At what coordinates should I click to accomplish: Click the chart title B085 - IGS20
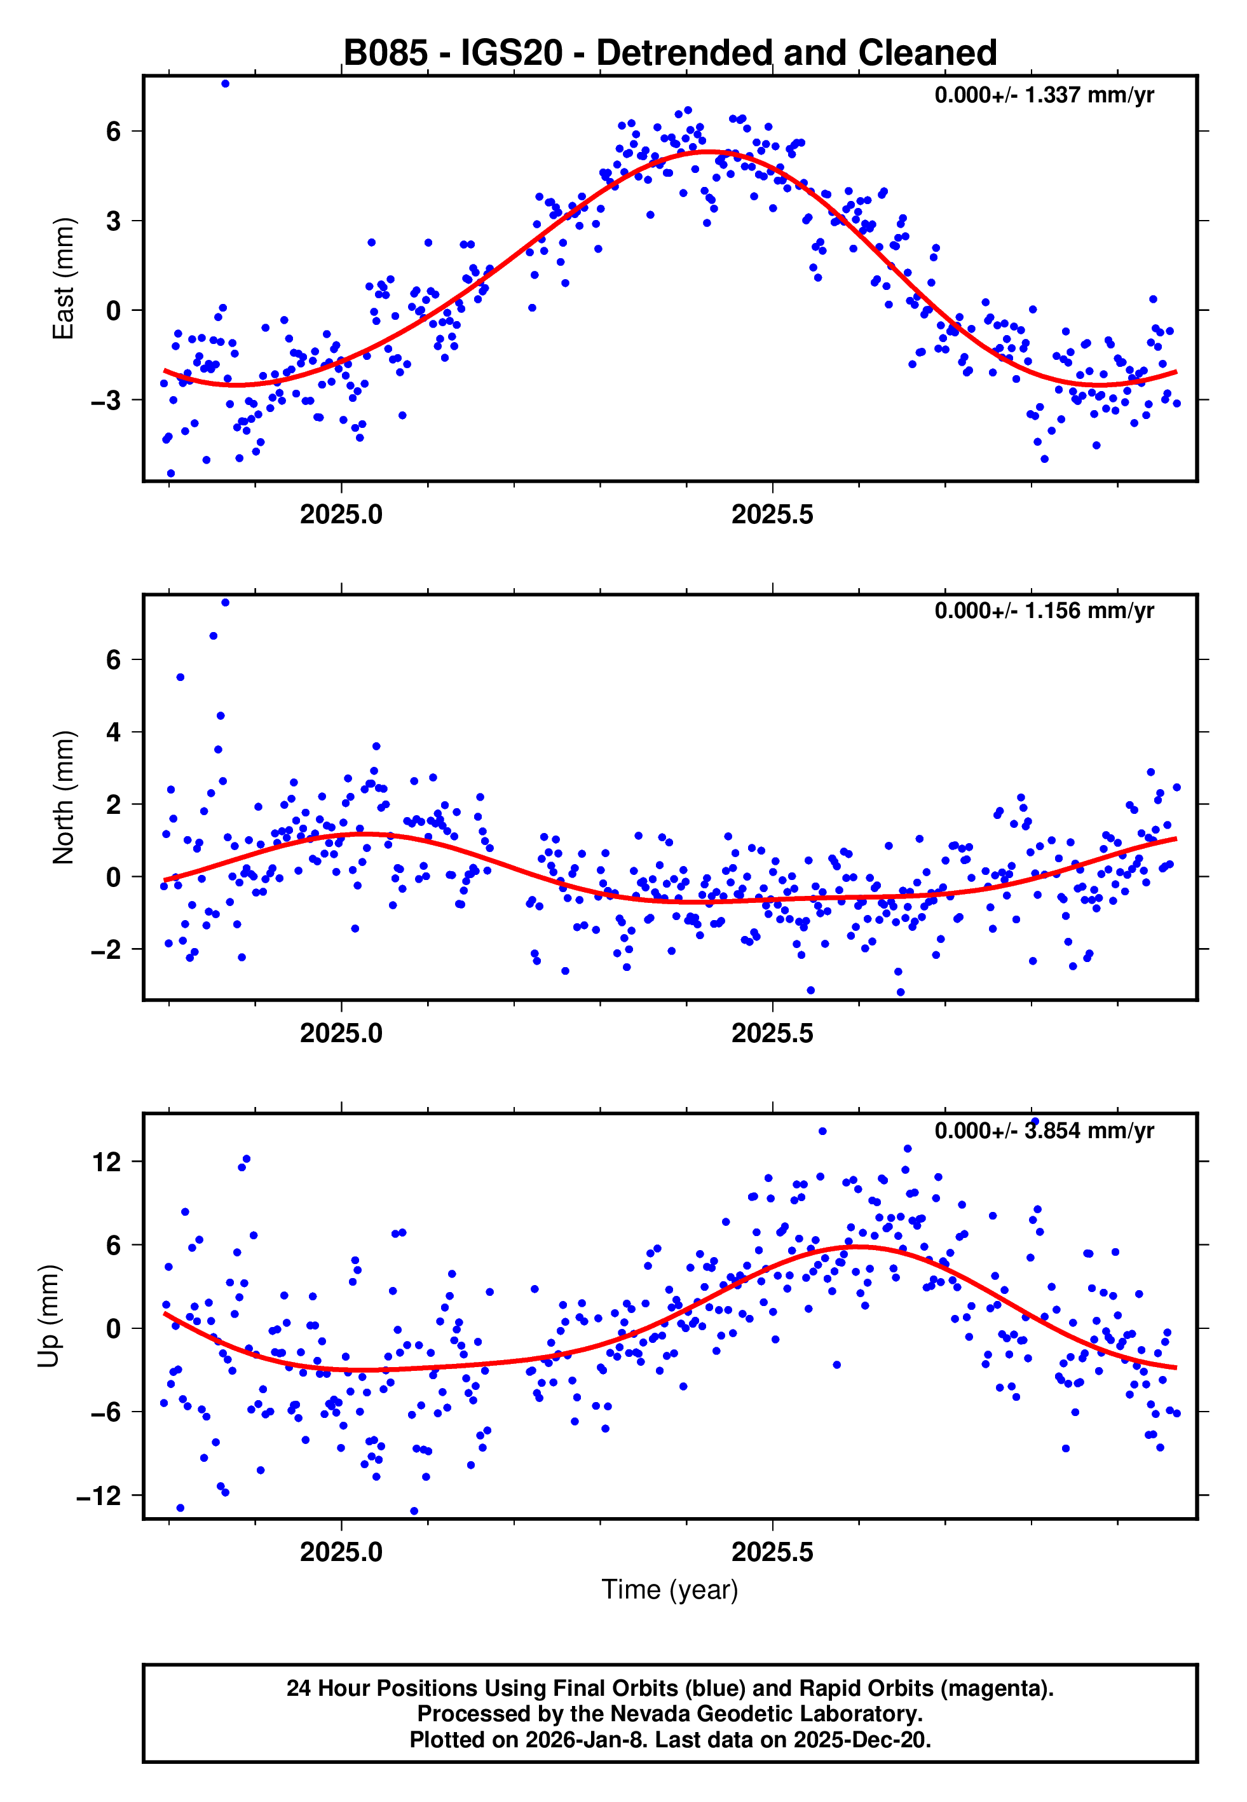[x=670, y=53]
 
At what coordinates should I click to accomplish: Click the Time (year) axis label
[x=670, y=1590]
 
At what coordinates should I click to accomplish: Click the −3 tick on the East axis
[x=106, y=401]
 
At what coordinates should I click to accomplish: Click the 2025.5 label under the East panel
[x=772, y=514]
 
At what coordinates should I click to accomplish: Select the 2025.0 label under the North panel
[x=341, y=1033]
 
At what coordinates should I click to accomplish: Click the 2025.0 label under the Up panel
[x=341, y=1552]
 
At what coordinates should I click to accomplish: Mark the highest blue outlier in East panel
[x=225, y=83]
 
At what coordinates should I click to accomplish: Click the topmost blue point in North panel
[x=225, y=603]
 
